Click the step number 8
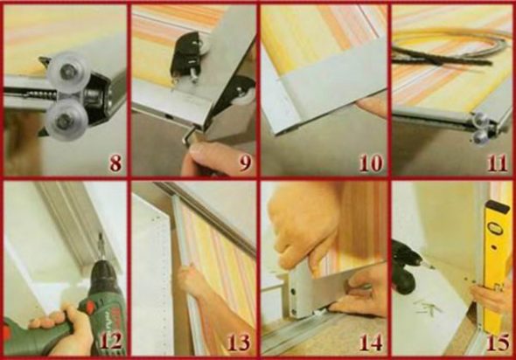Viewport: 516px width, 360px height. point(115,163)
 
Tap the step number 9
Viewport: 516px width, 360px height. point(245,163)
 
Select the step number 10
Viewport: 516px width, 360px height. point(371,163)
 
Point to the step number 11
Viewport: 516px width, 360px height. point(498,163)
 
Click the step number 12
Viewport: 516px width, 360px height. point(110,341)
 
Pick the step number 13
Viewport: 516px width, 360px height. point(239,343)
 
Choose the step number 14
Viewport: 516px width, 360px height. point(371,343)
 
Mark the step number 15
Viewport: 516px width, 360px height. point(499,343)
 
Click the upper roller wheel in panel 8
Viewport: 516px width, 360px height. point(66,72)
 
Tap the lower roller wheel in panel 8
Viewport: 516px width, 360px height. point(66,120)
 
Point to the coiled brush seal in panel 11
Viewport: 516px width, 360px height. point(450,48)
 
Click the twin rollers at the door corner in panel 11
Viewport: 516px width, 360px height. point(480,128)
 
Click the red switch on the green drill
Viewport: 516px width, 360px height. point(89,308)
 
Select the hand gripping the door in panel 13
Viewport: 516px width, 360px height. point(192,280)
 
